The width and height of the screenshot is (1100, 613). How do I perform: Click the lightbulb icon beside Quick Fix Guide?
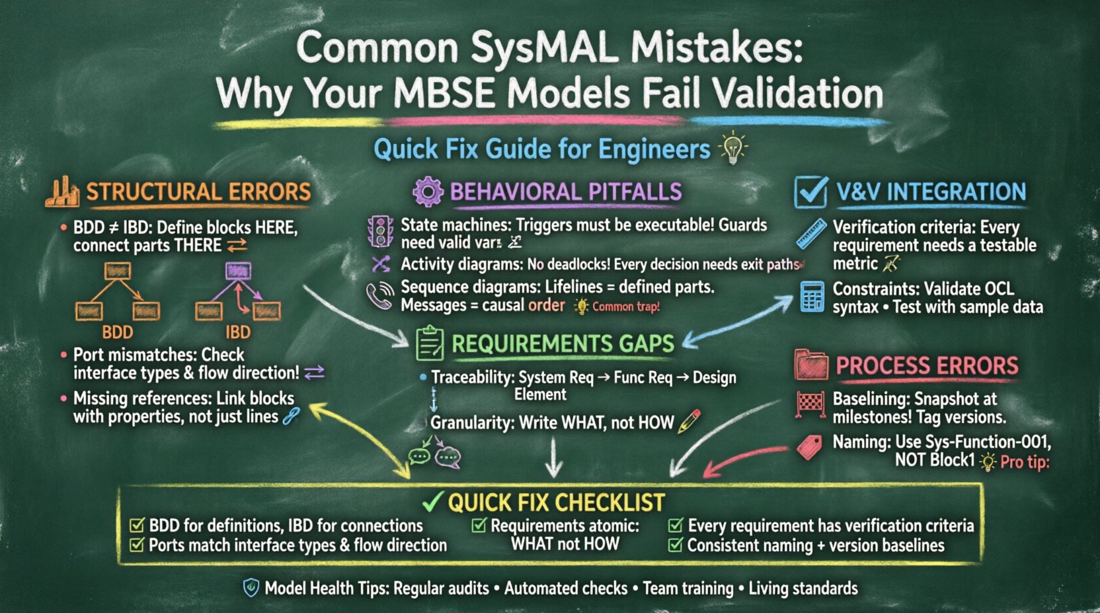click(732, 148)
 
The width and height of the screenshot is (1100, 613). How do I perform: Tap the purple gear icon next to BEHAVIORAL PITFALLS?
click(428, 192)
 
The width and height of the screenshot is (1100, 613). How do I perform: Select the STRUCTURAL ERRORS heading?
click(198, 192)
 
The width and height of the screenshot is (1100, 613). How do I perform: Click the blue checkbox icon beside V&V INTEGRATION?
click(810, 192)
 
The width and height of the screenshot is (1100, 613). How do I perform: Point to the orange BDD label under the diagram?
click(118, 332)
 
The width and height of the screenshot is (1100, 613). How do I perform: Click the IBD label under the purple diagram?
click(238, 332)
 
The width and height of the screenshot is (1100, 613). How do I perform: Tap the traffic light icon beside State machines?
click(380, 233)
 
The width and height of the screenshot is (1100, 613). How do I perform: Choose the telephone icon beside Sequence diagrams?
click(380, 296)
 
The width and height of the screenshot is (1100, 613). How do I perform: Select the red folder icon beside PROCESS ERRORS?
click(811, 365)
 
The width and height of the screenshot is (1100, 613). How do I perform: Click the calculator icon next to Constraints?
click(812, 297)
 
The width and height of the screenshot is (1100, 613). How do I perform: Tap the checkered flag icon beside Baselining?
click(810, 406)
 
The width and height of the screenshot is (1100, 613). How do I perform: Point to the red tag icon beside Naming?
click(810, 448)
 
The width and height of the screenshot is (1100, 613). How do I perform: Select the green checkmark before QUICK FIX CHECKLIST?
click(432, 503)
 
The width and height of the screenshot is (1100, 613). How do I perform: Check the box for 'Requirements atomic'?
click(479, 526)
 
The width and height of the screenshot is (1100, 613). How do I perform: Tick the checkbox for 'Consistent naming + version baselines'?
click(676, 545)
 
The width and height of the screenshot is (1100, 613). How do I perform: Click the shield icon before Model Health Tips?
click(251, 588)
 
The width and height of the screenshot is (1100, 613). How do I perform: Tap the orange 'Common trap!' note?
click(625, 306)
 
